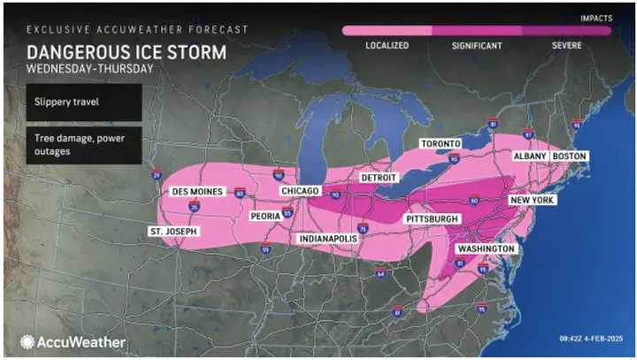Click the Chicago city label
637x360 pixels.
tap(300, 190)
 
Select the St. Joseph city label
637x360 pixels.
tap(173, 232)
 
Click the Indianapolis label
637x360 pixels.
tap(327, 239)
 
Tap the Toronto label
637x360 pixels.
tap(440, 143)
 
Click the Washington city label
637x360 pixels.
tap(485, 249)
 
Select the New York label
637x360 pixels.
tap(531, 201)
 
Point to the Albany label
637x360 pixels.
tap(531, 157)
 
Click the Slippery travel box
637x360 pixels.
tap(81, 102)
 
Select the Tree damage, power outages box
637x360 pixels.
tap(81, 145)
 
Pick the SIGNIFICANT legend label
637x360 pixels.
tap(477, 46)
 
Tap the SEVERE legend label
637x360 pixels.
tap(567, 46)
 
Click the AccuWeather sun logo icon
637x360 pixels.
tap(27, 341)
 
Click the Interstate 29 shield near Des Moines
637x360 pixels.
tap(156, 175)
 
